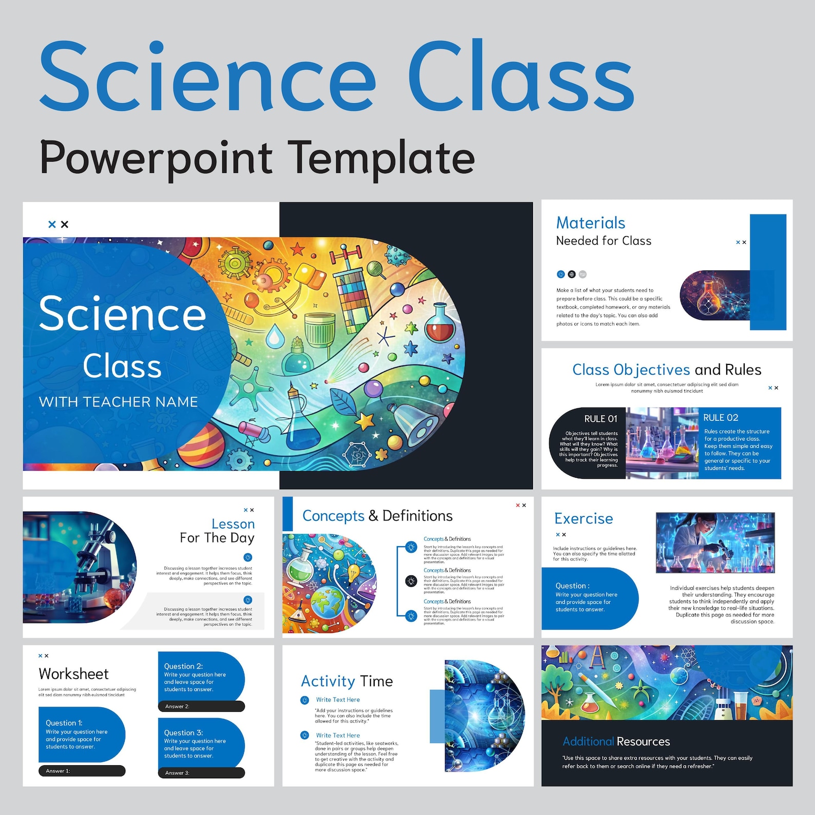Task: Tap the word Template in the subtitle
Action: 381,158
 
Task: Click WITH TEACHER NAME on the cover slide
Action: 119,402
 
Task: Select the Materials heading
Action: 591,223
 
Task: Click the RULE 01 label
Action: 600,419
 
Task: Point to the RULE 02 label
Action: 721,418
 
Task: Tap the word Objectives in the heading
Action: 652,370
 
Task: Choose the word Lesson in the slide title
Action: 233,524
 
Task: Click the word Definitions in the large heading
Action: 417,516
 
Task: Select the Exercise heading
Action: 584,519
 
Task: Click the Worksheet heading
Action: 73,674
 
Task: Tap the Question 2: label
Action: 183,666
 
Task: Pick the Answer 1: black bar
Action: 82,771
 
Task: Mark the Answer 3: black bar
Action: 201,773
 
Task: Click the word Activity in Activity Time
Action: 328,682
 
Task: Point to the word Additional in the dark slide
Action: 588,742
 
